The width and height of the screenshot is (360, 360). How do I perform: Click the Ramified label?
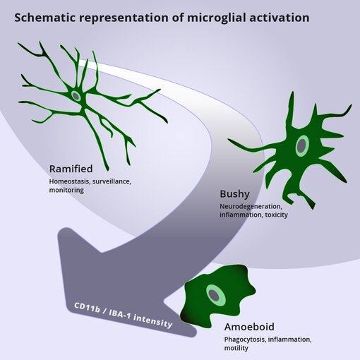tap(71, 169)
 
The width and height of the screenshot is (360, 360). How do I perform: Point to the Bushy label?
tap(234, 193)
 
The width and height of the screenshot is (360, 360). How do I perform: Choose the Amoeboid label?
tap(249, 327)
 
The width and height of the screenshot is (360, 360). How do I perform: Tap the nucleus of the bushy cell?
tap(302, 145)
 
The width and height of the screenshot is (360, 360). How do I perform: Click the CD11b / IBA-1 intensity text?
tap(124, 316)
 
